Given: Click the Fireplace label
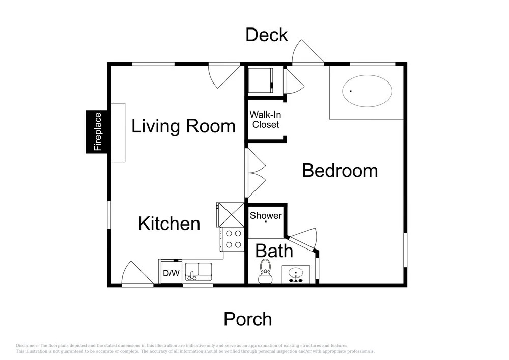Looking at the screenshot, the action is coord(98,131).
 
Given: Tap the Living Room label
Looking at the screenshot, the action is coord(183,126).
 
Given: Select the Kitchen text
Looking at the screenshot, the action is coord(169,224).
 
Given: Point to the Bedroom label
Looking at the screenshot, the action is coord(340,171).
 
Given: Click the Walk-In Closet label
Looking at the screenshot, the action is coord(266,120).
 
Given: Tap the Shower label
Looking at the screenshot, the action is coord(266,215).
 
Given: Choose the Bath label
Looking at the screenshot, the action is coord(274,251).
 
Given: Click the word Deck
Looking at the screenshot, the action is coord(267,35).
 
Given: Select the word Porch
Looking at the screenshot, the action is coord(248,319).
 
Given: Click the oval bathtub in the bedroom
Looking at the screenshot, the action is coord(367,91).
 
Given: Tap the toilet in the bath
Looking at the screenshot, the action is coord(265,271).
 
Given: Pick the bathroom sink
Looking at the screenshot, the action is coord(296,274).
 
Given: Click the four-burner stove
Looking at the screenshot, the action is coord(233,239).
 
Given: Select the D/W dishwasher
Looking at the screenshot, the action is coord(171,272).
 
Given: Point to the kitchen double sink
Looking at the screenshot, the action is coord(199,272).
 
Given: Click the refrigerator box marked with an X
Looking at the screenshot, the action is coord(231,214).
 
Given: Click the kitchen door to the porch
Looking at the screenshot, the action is coord(137,273).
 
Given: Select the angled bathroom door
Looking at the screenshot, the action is coord(302,239).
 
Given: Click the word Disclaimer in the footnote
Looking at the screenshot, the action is coord(26,346).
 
